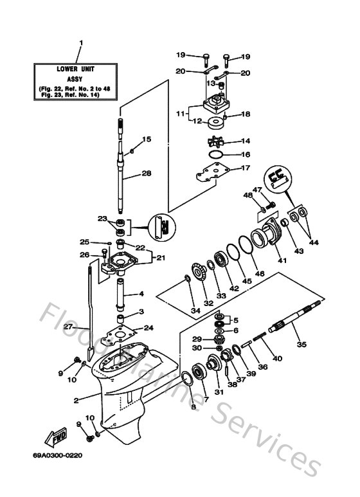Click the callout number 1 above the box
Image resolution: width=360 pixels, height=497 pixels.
point(81,44)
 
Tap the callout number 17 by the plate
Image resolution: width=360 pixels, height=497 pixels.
point(245,168)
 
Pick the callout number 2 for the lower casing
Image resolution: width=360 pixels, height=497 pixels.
point(76,401)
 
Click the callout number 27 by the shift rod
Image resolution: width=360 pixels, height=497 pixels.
point(69,327)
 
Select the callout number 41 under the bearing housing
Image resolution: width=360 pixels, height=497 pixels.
point(281,260)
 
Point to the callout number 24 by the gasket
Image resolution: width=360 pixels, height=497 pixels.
point(148,327)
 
